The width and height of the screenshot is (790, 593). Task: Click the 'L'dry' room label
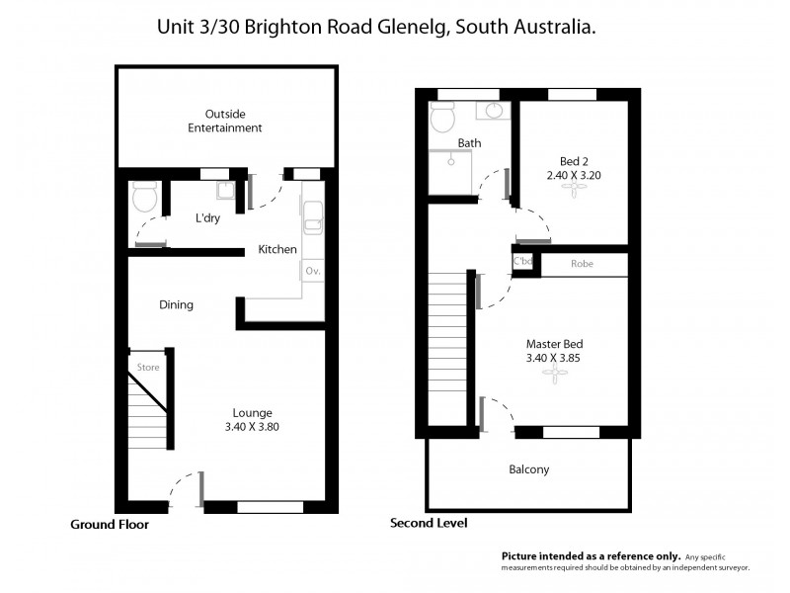click(x=207, y=218)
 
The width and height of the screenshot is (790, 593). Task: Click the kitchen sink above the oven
click(x=313, y=218)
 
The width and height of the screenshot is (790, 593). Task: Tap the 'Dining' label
click(x=176, y=305)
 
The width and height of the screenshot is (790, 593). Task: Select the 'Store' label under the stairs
click(x=148, y=368)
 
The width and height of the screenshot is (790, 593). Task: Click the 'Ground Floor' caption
click(x=109, y=525)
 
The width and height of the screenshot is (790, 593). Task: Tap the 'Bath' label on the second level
click(x=469, y=143)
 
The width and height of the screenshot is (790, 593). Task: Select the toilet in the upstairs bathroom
click(x=441, y=119)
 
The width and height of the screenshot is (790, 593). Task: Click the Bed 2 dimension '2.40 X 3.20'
click(x=574, y=174)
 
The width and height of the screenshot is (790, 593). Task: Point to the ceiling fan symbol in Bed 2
click(x=574, y=193)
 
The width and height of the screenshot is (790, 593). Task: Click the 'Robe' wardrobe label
click(x=582, y=265)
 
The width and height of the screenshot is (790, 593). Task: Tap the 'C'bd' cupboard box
click(x=523, y=262)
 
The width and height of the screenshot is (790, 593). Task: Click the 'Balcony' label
click(x=528, y=469)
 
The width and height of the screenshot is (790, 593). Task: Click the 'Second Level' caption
click(x=429, y=523)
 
